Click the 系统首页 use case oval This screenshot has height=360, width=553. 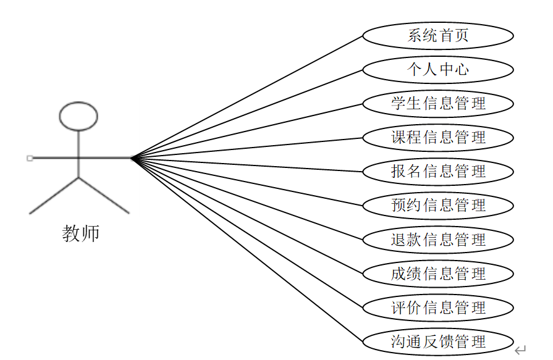point(437,35)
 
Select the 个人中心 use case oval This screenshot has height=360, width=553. point(437,69)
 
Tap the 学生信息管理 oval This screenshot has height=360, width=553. point(437,103)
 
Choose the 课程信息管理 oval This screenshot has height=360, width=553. point(437,137)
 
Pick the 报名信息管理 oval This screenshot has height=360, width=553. point(437,171)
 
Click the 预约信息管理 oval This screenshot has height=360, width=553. point(437,205)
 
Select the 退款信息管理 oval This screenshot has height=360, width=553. point(437,240)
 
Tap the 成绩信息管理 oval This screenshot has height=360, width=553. point(437,274)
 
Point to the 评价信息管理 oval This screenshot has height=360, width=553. point(437,308)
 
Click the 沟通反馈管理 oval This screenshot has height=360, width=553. point(437,341)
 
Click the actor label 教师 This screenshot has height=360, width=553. point(80,233)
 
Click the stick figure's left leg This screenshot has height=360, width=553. point(54,196)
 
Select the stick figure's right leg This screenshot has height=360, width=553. point(104,196)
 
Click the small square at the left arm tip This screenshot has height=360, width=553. point(30,158)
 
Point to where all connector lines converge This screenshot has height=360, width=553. point(132,158)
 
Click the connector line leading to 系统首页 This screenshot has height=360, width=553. point(247,96)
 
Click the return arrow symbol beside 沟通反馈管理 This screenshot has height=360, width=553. point(520,351)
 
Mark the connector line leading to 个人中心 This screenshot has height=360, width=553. point(247,114)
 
